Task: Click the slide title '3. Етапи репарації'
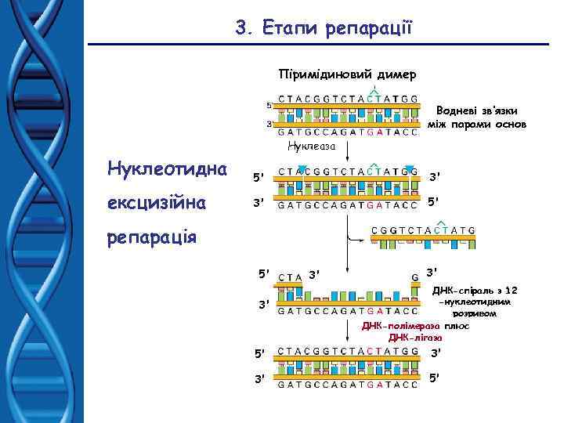click(329, 29)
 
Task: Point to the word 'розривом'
click(475, 313)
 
